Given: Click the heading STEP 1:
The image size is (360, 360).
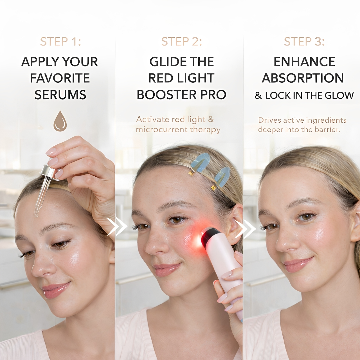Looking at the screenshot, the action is coord(60,41).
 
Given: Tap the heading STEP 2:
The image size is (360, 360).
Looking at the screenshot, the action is coord(182,41).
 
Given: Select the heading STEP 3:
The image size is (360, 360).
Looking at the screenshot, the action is coord(304,41).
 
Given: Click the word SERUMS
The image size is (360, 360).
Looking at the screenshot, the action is coord(60,94).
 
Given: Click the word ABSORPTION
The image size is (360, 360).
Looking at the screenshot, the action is coord(303,78).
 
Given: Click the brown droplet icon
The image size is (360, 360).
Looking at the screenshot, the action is coord(60,121).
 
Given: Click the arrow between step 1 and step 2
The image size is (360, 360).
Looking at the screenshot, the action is coord(117,226).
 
